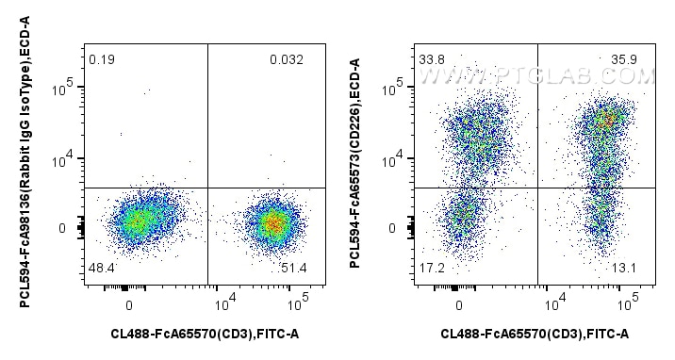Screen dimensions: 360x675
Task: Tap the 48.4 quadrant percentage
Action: pos(101,270)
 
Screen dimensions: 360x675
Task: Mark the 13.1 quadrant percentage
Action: pos(627,270)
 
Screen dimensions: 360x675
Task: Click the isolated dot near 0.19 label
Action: pos(147,91)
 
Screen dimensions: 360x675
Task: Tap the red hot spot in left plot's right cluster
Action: pos(273,224)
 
